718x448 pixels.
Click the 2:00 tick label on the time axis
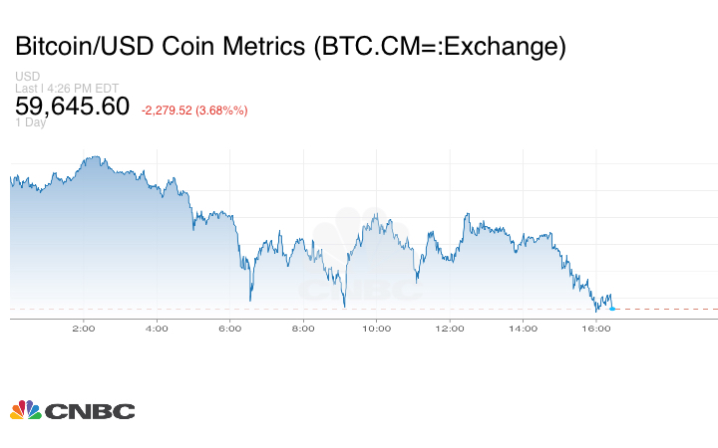[83, 327]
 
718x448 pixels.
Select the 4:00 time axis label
[157, 327]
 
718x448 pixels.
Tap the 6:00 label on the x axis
[229, 327]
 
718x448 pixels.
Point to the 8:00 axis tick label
[303, 327]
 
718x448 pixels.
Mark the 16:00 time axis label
[596, 327]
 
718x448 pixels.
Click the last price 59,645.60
[72, 106]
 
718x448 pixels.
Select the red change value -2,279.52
[173, 110]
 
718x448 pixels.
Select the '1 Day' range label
[31, 122]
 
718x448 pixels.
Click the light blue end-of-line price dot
[612, 309]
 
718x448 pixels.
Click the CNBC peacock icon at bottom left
[25, 410]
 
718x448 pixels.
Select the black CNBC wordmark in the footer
[90, 411]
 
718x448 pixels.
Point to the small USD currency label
[27, 77]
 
